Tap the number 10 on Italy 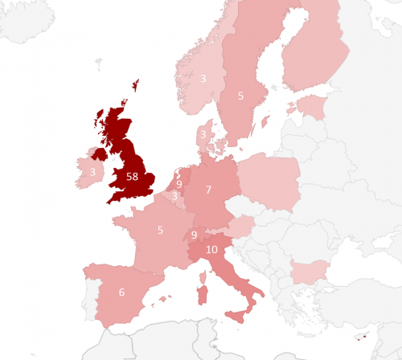(x=211, y=250)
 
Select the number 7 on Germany (x=208, y=190)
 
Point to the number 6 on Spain (x=121, y=292)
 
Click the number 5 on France (x=160, y=231)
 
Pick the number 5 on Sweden (x=240, y=96)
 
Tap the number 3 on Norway (x=203, y=79)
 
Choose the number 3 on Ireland (x=93, y=172)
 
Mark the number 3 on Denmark (x=203, y=134)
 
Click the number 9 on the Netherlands (x=178, y=184)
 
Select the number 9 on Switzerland (x=194, y=235)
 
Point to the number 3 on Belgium (x=174, y=195)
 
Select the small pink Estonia (x=310, y=105)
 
